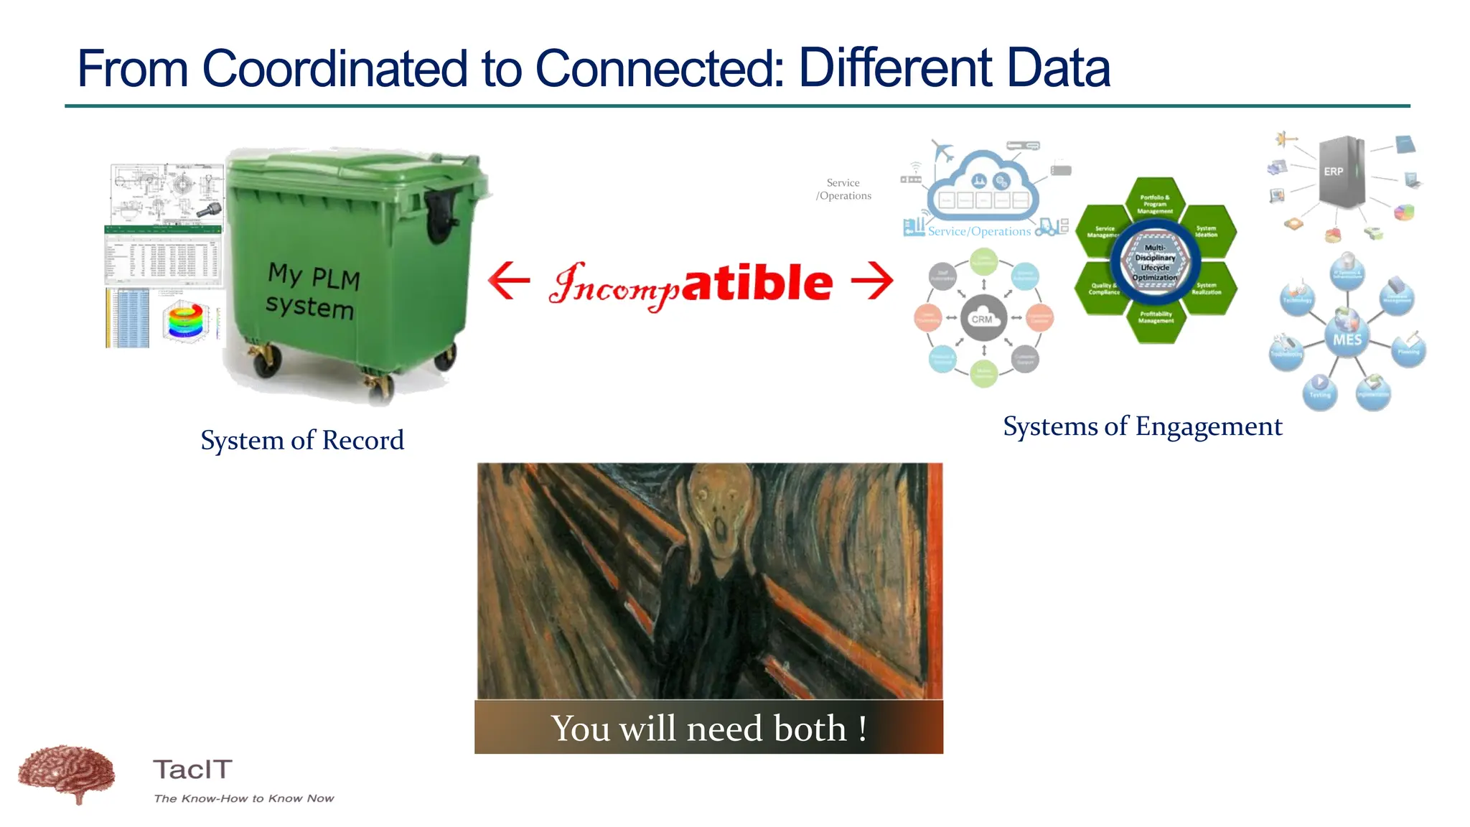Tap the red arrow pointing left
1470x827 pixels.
point(508,281)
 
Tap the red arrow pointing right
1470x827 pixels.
point(873,281)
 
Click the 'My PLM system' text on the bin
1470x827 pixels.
point(312,291)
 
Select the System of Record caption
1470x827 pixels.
point(302,440)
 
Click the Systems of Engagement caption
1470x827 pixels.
point(1142,426)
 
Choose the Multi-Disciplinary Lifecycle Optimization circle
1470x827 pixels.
point(1155,263)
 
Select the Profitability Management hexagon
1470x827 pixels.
point(1156,317)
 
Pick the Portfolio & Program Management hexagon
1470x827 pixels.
point(1155,203)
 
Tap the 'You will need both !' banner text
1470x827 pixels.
point(708,728)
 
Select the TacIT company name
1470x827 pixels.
point(192,770)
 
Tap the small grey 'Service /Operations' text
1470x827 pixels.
point(843,189)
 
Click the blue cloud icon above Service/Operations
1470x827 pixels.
point(982,185)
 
